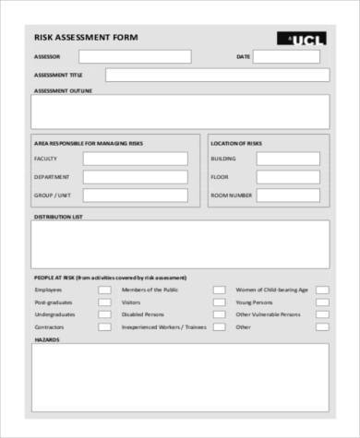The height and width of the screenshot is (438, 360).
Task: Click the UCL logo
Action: (301, 39)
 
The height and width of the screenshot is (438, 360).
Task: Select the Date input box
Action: (286, 57)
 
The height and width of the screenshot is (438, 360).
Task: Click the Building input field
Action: (287, 159)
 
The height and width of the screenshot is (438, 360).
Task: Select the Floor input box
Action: (287, 177)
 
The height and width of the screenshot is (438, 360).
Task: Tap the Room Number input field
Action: (287, 195)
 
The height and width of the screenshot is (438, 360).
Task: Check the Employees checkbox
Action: (106, 290)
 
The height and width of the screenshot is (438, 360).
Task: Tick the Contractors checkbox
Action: (106, 326)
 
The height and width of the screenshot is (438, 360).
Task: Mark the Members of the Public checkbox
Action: (219, 290)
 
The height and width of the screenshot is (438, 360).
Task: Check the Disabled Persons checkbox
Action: (219, 314)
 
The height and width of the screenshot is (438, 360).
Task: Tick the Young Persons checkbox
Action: (322, 302)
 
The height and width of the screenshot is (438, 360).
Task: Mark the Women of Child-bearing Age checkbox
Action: (322, 290)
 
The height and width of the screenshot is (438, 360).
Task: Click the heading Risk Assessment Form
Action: (86, 38)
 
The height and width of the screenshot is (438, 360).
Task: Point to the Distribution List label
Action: (58, 217)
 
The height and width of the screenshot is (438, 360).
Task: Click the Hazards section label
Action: (46, 339)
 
